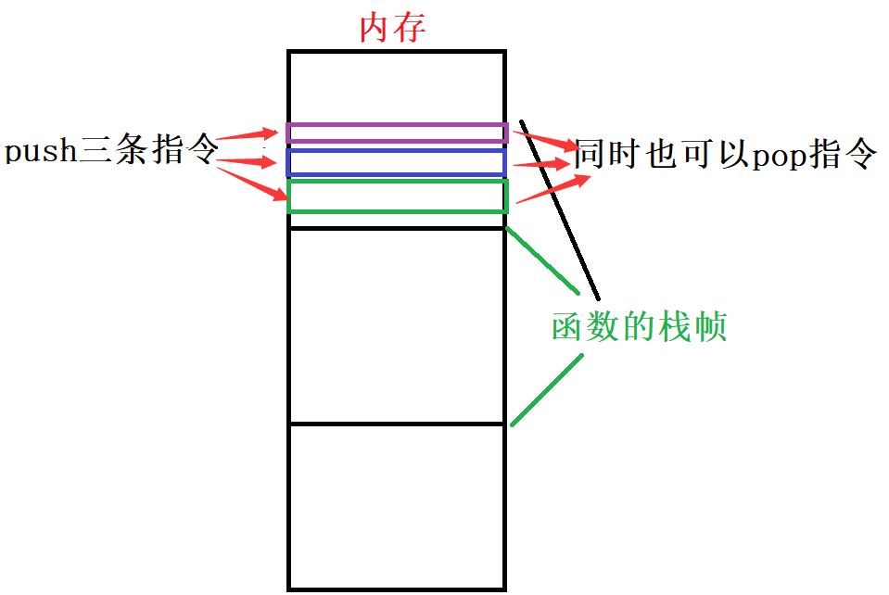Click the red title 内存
tap(392, 28)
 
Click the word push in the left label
tap(41, 151)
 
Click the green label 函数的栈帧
tap(639, 326)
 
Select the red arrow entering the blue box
tap(248, 163)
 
